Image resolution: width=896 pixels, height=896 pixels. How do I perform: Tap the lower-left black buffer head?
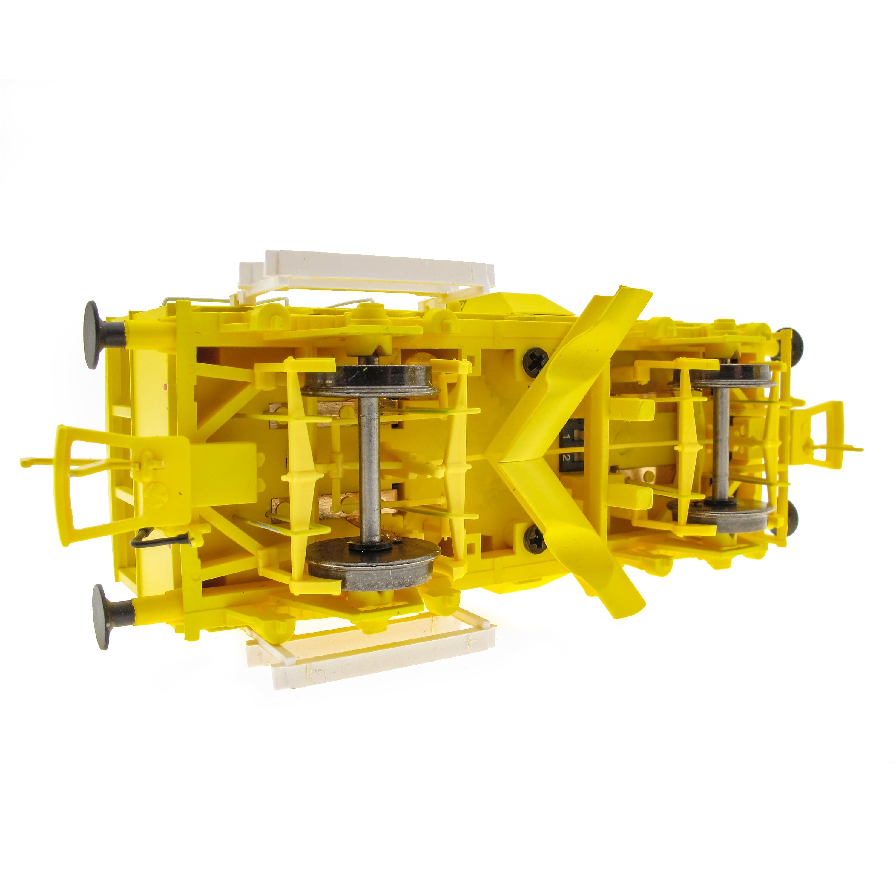click(x=102, y=611)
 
